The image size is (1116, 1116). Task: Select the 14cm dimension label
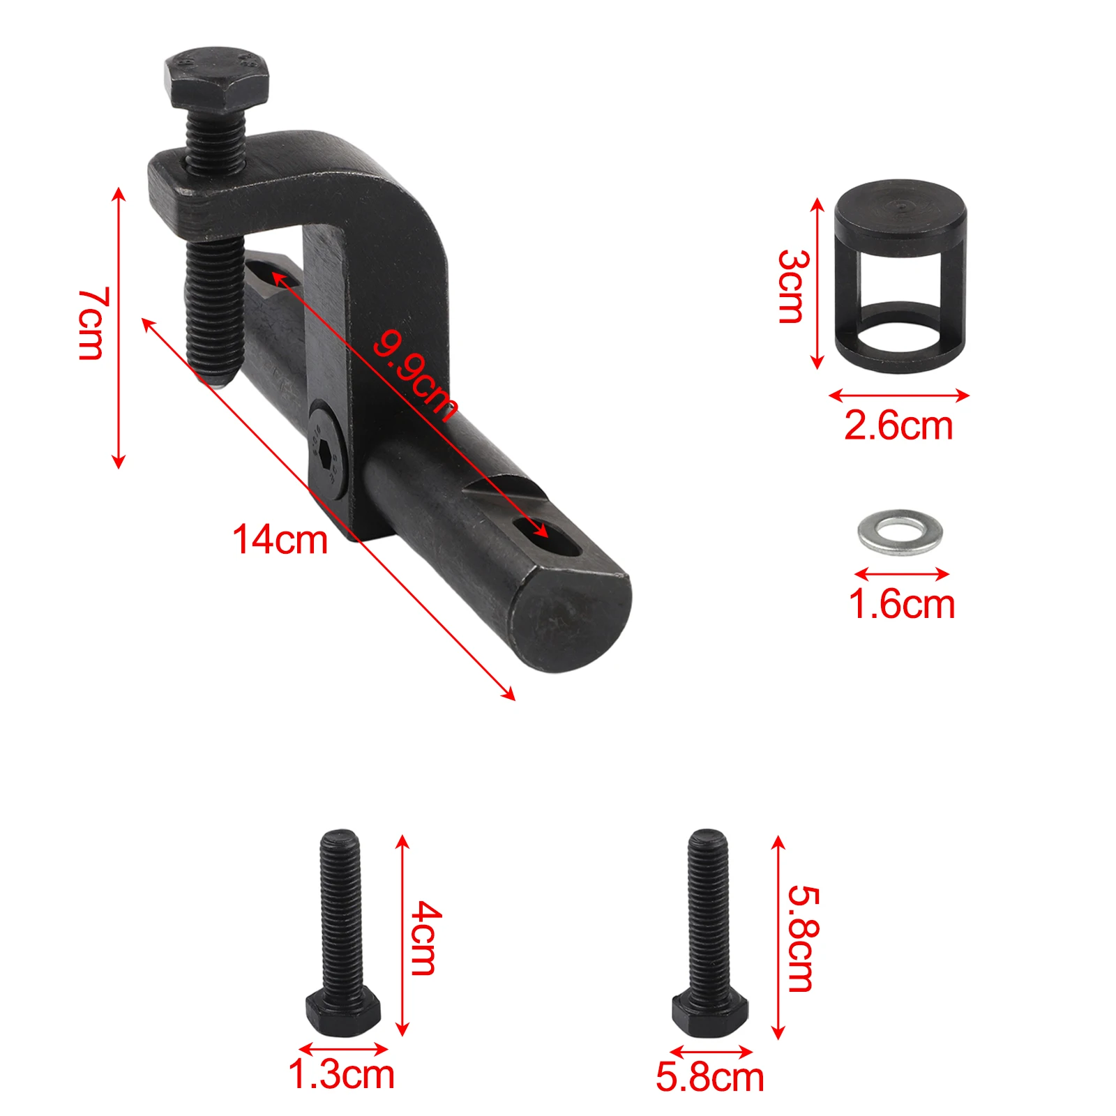[x=280, y=541]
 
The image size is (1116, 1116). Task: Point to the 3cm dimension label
[x=794, y=286]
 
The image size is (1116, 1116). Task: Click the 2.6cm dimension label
[x=898, y=425]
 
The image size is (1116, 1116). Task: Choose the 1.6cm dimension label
[x=901, y=604]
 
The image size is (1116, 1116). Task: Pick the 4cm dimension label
[x=425, y=937]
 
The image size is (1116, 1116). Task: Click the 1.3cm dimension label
[x=342, y=1074]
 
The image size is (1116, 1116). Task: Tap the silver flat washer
[x=900, y=531]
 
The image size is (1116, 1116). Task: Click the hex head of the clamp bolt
[x=216, y=77]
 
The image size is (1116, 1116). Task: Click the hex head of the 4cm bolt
[x=342, y=1012]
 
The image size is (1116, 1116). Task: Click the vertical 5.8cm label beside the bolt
[x=802, y=937]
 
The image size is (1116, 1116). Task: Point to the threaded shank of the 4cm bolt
[x=341, y=907]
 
